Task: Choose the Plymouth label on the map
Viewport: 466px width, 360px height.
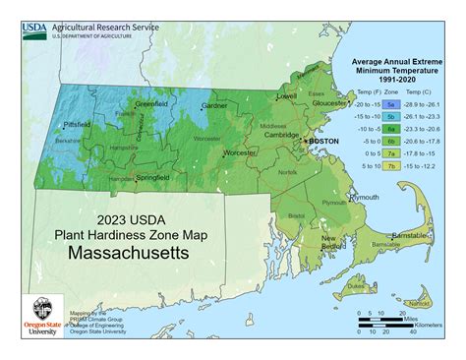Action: (x=365, y=197)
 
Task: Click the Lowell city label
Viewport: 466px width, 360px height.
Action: (x=286, y=97)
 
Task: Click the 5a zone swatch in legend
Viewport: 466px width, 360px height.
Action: (x=390, y=103)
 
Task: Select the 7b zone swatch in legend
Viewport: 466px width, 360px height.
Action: (x=390, y=166)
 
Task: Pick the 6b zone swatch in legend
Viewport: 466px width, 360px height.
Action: (x=390, y=141)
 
